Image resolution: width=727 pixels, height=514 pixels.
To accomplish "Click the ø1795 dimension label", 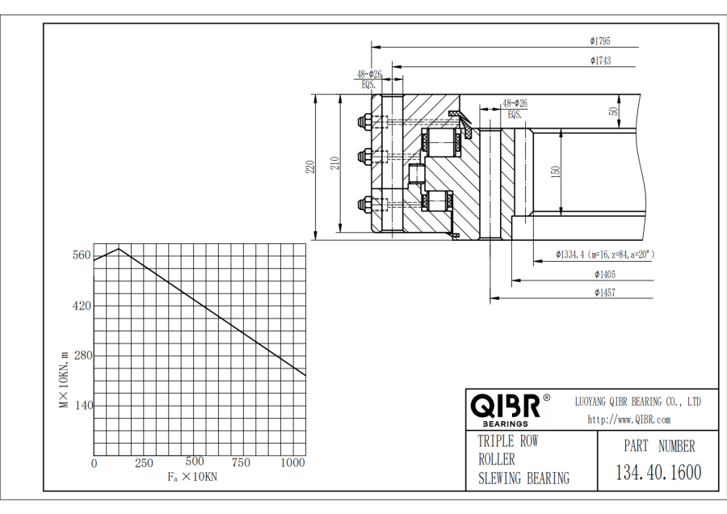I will pyautogui.click(x=600, y=40).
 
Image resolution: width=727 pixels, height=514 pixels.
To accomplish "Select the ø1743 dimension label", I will pyautogui.click(x=600, y=61).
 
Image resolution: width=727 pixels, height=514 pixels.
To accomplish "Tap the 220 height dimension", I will pyautogui.click(x=309, y=167).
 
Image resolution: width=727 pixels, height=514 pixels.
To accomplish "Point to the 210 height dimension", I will pyautogui.click(x=334, y=162).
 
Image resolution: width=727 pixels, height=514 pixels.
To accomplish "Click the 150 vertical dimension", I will pyautogui.click(x=556, y=173).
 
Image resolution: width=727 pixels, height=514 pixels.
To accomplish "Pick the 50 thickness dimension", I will pyautogui.click(x=614, y=112).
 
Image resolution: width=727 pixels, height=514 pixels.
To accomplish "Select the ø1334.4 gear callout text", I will pyautogui.click(x=604, y=254).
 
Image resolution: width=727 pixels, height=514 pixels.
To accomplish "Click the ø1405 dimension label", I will pyautogui.click(x=603, y=274).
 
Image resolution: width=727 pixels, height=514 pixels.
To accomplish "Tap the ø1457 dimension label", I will pyautogui.click(x=603, y=293).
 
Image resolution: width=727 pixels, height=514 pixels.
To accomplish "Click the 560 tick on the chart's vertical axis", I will pyautogui.click(x=81, y=255).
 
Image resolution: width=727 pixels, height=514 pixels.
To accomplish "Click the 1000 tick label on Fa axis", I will pyautogui.click(x=292, y=463).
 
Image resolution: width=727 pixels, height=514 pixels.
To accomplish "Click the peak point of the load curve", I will pyautogui.click(x=119, y=248).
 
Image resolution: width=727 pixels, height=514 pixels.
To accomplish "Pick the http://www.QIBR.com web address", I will pyautogui.click(x=628, y=419).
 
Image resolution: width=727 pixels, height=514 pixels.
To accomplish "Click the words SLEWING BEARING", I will pyautogui.click(x=523, y=478).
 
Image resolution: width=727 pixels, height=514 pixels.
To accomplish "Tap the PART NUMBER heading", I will pyautogui.click(x=659, y=445).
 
